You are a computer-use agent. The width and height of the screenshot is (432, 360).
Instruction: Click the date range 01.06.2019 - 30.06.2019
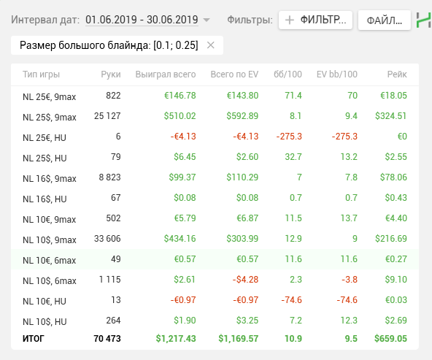coord(142,20)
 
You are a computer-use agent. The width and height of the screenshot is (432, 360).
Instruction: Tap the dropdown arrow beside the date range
coord(207,20)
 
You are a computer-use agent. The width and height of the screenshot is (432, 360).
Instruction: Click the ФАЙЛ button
coord(385,20)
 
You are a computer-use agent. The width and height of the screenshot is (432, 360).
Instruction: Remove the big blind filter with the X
coord(211,45)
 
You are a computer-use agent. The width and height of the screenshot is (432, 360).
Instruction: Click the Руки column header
coord(111,74)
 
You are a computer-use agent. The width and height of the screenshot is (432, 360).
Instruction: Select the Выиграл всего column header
coord(166,74)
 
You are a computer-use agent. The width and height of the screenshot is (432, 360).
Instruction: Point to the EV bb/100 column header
coord(337,74)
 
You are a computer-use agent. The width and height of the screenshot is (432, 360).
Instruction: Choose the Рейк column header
coord(397,74)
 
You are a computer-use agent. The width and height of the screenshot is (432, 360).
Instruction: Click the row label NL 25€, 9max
coord(50,97)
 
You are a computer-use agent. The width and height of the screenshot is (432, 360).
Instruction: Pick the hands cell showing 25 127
coord(107,116)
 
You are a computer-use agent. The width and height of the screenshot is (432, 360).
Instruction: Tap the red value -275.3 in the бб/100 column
coord(289,136)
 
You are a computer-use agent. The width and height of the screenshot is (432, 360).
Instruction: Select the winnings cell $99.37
coord(182,177)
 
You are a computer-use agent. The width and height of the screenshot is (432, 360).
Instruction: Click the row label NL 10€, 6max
coord(50,261)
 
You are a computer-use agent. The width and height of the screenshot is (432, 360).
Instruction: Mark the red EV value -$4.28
coord(245,280)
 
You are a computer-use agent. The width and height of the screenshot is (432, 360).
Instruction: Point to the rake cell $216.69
coord(391,239)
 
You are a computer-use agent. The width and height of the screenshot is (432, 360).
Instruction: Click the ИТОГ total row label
coord(34,339)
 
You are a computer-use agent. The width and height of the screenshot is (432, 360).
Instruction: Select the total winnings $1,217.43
coord(176,339)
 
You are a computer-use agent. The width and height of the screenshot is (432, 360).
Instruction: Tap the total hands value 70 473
coord(107,339)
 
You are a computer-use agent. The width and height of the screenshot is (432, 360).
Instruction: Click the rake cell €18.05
coord(394,96)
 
